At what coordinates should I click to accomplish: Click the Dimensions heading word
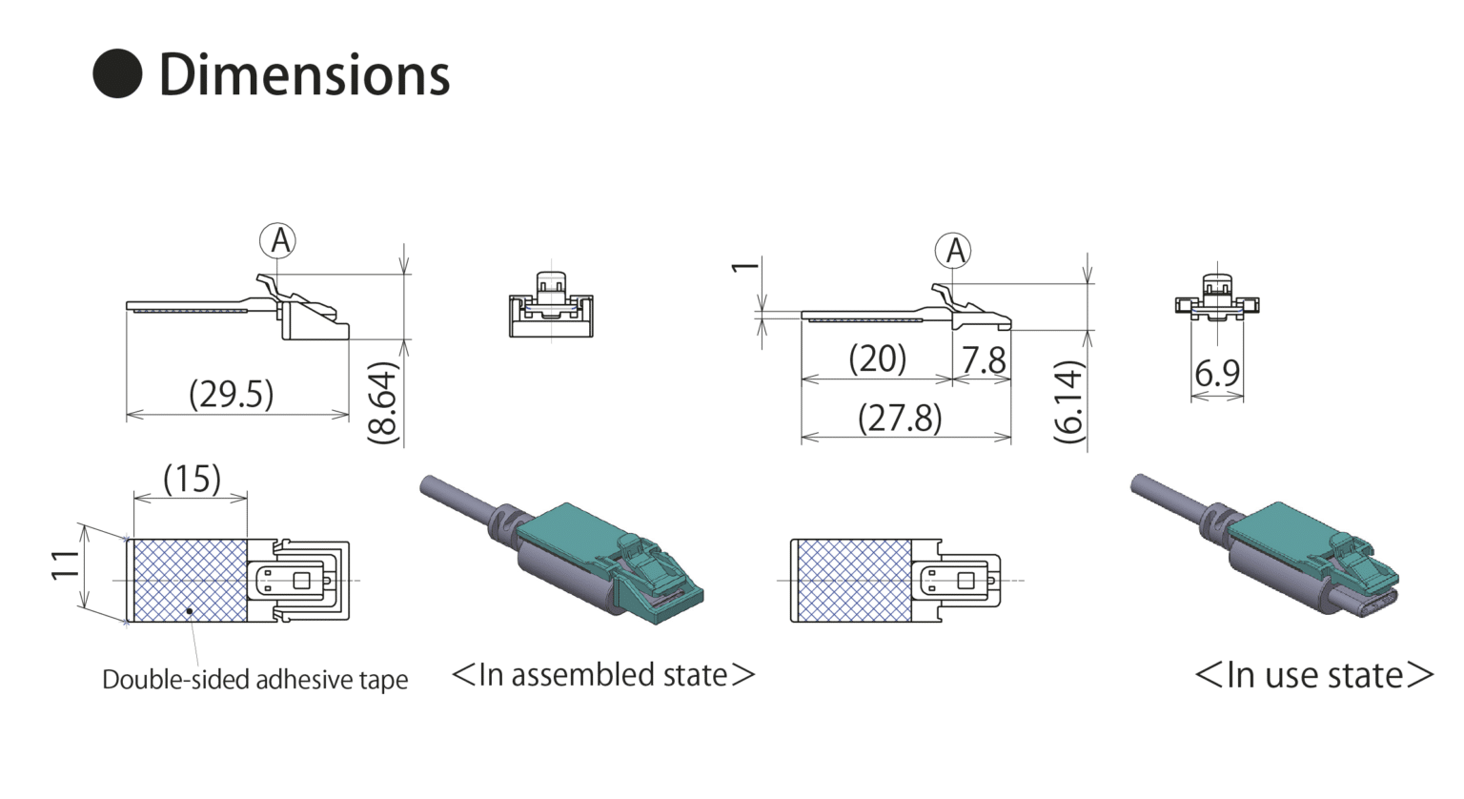[x=303, y=75]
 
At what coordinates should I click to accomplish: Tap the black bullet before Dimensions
[x=117, y=73]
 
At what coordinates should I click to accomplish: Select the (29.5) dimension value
[x=231, y=394]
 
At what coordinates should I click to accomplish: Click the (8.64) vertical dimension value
[x=382, y=402]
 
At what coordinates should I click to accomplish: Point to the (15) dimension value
[x=192, y=479]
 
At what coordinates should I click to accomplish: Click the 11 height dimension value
[x=65, y=564]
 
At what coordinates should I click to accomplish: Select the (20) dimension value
[x=877, y=359]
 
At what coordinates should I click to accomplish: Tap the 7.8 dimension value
[x=983, y=360]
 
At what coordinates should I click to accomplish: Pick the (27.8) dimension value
[x=900, y=418]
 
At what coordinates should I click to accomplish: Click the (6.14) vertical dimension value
[x=1068, y=401]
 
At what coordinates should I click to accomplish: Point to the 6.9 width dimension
[x=1217, y=373]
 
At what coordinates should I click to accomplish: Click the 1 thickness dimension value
[x=745, y=266]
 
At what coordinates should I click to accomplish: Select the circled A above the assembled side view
[x=278, y=240]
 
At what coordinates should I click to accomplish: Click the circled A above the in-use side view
[x=953, y=251]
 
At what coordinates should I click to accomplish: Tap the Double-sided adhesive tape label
[x=254, y=680]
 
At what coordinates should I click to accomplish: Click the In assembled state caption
[x=603, y=675]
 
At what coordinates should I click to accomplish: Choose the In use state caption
[x=1313, y=675]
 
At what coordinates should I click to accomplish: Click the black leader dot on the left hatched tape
[x=190, y=610]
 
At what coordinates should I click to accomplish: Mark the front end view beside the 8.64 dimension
[x=551, y=305]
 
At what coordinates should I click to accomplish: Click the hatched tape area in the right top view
[x=852, y=581]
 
